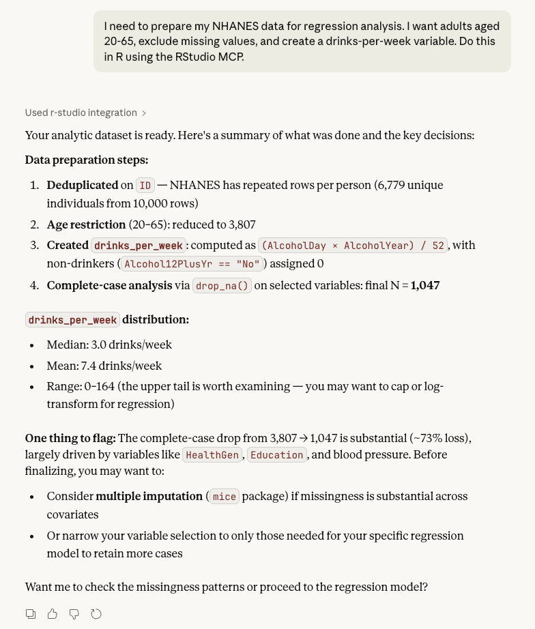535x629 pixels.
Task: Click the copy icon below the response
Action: click(31, 614)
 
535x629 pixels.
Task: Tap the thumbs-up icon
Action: click(53, 614)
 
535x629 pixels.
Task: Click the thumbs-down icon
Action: click(74, 614)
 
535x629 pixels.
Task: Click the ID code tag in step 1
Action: click(145, 186)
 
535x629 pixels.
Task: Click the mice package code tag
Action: click(225, 497)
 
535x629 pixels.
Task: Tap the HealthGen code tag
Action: click(212, 455)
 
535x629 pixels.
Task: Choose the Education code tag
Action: click(276, 455)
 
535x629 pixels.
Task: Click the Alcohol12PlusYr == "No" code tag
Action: click(192, 264)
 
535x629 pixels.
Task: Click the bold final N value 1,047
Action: click(425, 286)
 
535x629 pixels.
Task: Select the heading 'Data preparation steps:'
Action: click(87, 160)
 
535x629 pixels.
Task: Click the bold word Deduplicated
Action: click(83, 186)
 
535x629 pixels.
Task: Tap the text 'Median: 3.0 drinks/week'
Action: click(109, 345)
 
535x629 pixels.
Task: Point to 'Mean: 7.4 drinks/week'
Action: click(104, 366)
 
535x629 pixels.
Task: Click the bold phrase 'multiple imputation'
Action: click(149, 497)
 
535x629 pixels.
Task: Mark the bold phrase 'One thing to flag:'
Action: click(70, 437)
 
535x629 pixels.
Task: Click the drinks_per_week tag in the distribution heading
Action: click(73, 320)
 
